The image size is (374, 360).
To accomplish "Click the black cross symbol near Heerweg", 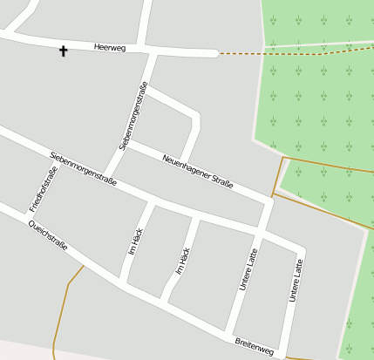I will point(63,51).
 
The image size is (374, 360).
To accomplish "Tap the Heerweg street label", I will point(110,48).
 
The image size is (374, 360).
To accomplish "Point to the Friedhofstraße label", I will point(43,189).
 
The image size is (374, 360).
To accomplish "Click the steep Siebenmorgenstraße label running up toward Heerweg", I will point(133,117).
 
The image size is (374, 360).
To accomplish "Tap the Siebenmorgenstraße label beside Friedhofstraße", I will point(83,168).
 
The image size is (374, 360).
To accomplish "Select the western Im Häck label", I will point(135,241).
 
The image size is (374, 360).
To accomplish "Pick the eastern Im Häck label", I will point(183,261).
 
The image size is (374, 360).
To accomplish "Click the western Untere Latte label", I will point(248,269).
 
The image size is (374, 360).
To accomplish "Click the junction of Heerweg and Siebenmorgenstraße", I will point(154,51).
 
